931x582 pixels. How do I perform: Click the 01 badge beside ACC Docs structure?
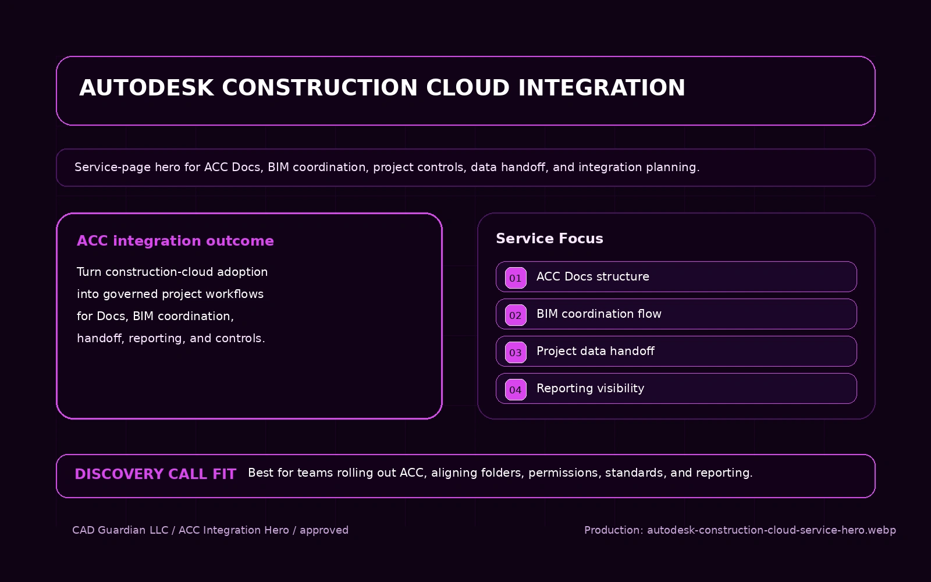point(516,278)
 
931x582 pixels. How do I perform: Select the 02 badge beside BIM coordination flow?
point(516,315)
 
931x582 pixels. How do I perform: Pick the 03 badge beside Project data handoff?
point(516,353)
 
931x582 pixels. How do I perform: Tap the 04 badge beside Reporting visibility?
point(516,390)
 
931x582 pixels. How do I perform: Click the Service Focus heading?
point(549,239)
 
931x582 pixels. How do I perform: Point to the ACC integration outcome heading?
point(175,241)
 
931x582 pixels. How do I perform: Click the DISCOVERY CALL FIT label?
point(155,474)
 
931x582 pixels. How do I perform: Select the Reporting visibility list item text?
point(590,388)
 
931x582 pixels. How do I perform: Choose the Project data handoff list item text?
point(595,351)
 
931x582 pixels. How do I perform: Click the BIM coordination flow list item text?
point(599,314)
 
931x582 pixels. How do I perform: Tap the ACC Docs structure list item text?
point(592,276)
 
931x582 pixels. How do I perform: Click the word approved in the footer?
point(324,530)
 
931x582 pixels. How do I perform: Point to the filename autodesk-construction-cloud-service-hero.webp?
point(771,530)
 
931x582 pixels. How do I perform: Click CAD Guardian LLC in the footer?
point(120,530)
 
